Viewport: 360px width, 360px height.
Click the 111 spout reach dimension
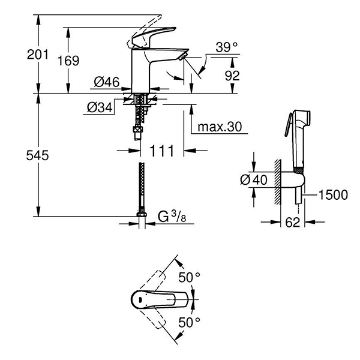(162, 151)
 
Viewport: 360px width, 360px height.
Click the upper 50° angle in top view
(190, 277)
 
